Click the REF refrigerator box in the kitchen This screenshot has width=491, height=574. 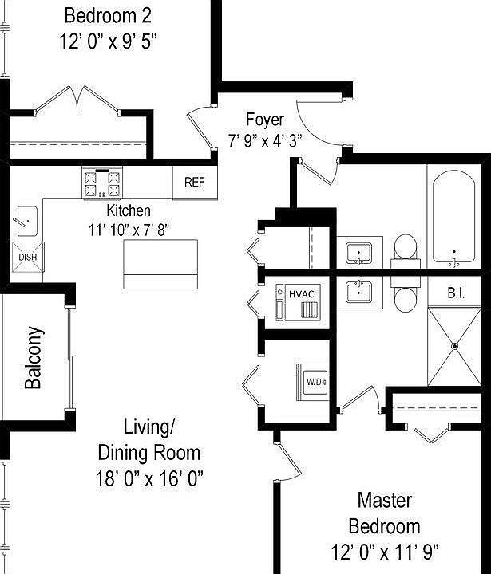click(x=194, y=183)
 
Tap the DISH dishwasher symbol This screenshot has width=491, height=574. click(x=27, y=257)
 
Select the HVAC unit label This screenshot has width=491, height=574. click(x=302, y=294)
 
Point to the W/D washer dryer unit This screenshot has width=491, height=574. click(x=315, y=382)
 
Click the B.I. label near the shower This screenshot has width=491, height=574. click(x=456, y=293)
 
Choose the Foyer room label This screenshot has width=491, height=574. click(x=264, y=120)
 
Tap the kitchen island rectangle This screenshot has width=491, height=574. click(x=161, y=265)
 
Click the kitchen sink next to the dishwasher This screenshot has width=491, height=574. click(x=26, y=219)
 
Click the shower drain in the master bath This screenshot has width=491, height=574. click(x=454, y=346)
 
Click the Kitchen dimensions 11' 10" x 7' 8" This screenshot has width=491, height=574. click(x=129, y=229)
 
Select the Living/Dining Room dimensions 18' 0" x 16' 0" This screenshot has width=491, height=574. click(x=148, y=478)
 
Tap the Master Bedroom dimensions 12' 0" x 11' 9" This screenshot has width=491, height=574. click(x=385, y=551)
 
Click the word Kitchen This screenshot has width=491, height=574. click(x=129, y=211)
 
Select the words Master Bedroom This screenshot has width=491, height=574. click(x=385, y=513)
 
